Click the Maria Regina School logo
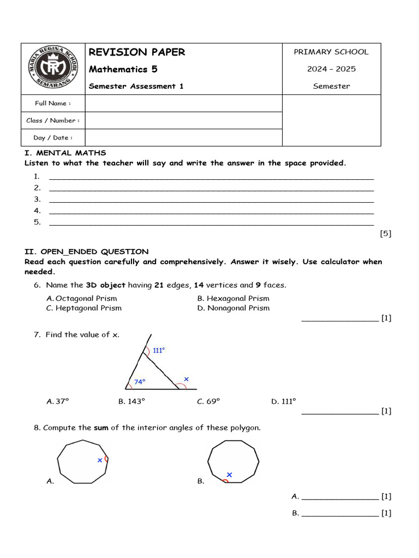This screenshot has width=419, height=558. (53, 69)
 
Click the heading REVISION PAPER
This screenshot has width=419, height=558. (137, 52)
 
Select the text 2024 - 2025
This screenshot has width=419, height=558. (331, 69)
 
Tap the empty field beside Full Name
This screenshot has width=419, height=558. (183, 103)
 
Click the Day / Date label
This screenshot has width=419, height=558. (53, 138)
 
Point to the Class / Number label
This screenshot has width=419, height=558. (53, 120)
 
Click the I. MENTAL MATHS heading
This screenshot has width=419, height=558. (65, 153)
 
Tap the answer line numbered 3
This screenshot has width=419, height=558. (211, 199)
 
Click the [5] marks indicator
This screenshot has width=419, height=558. (385, 234)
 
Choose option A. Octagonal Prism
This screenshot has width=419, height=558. (82, 299)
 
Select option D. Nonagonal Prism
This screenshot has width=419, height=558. (234, 308)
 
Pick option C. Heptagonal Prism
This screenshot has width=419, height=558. (84, 308)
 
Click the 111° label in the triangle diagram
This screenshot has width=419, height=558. (159, 351)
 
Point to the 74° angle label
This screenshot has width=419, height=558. (140, 382)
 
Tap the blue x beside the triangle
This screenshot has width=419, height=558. (186, 379)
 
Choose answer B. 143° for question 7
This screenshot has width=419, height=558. (132, 402)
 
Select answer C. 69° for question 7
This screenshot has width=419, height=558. (208, 402)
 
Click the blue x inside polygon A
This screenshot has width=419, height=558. (100, 460)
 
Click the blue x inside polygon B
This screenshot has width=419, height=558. (229, 475)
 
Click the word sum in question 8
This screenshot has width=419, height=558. (101, 428)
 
